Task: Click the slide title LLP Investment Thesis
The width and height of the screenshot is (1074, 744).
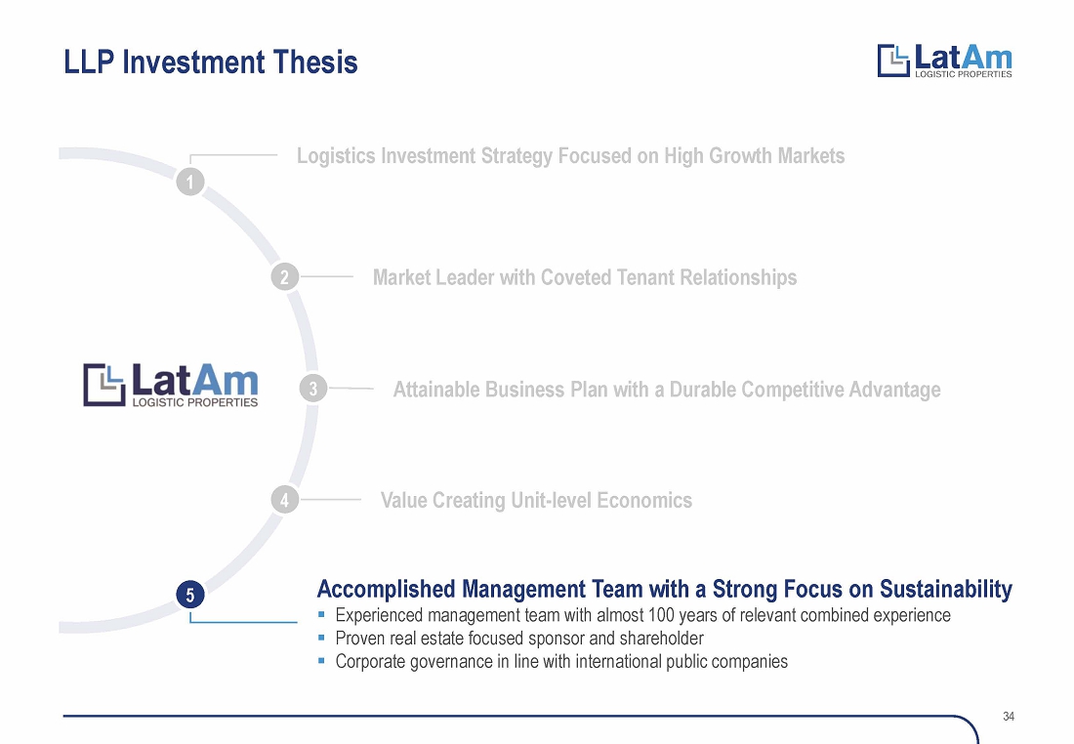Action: [x=211, y=62]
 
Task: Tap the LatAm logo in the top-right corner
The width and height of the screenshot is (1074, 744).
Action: [x=944, y=61]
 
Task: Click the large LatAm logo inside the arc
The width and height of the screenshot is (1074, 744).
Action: [x=171, y=385]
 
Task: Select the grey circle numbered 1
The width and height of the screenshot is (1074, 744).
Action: [x=190, y=183]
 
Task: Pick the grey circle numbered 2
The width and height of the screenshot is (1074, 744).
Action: [x=285, y=276]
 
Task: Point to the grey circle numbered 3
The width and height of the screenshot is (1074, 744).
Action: [x=313, y=389]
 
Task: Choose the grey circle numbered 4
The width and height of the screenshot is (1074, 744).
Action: [x=285, y=500]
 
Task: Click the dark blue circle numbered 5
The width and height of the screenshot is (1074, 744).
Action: [x=190, y=594]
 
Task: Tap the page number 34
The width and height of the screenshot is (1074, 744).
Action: [x=1009, y=716]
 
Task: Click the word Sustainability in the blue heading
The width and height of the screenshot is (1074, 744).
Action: [x=946, y=589]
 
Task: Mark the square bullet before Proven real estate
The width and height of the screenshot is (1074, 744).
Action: [x=321, y=638]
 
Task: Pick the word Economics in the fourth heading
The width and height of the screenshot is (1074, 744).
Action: [x=644, y=500]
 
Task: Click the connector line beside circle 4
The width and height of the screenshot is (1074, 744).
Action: [x=330, y=500]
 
